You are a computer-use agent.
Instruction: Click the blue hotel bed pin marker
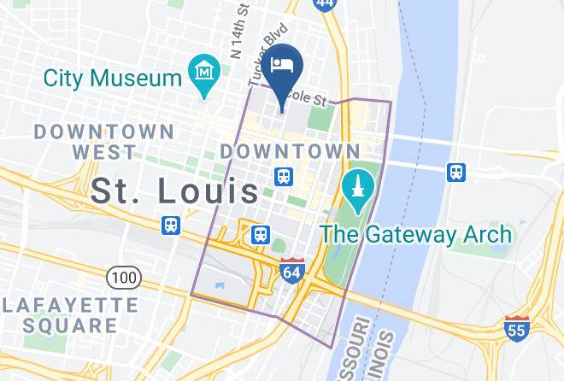tap(283, 67)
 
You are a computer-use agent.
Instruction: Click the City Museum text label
tap(112, 79)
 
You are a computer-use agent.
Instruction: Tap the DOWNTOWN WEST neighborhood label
tap(103, 142)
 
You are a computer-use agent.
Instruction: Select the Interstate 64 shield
tap(291, 271)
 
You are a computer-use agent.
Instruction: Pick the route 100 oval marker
tap(123, 277)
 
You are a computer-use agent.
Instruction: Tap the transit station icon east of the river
tap(457, 172)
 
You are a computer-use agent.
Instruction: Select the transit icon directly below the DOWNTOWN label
tap(283, 177)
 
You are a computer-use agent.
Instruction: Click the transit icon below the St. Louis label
tap(172, 226)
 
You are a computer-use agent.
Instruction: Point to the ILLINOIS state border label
tap(385, 355)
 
